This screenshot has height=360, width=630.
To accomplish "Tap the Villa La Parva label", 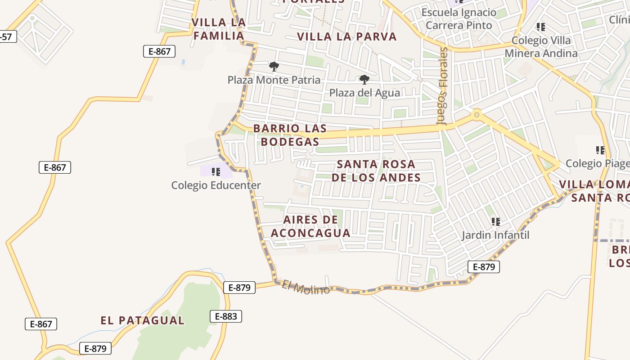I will coord(347,36).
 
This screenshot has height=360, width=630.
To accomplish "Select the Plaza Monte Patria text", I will coord(274,80).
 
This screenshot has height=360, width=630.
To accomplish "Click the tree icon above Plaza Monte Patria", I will coord(274,67).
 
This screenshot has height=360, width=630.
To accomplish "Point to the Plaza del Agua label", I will coord(364,93).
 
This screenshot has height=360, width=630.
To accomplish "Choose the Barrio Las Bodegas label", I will coord(290,135).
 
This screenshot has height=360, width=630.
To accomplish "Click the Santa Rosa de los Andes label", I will coord(376,171).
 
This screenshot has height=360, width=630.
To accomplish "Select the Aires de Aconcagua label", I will coord(310,226).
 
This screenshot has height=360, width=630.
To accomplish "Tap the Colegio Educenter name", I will coord(216,185).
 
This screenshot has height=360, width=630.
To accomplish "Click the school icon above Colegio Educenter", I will coord(216,171).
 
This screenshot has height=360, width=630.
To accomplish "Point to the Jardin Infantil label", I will coord(496,235).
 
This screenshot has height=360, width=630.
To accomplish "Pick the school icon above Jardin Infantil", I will coord(496,221).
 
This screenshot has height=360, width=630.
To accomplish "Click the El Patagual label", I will coord(142,320).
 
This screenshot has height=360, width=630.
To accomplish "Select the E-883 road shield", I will coord(226,316).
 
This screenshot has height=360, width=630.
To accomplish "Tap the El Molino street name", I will coord(306,287).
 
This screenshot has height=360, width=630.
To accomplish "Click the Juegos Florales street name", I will coord(443,85).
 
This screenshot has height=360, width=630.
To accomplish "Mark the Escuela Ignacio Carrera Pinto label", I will coord(459,19).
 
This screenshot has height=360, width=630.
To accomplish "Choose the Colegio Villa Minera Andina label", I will coord(541,47).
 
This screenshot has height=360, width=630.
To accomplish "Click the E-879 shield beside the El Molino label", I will coord(239,287).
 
